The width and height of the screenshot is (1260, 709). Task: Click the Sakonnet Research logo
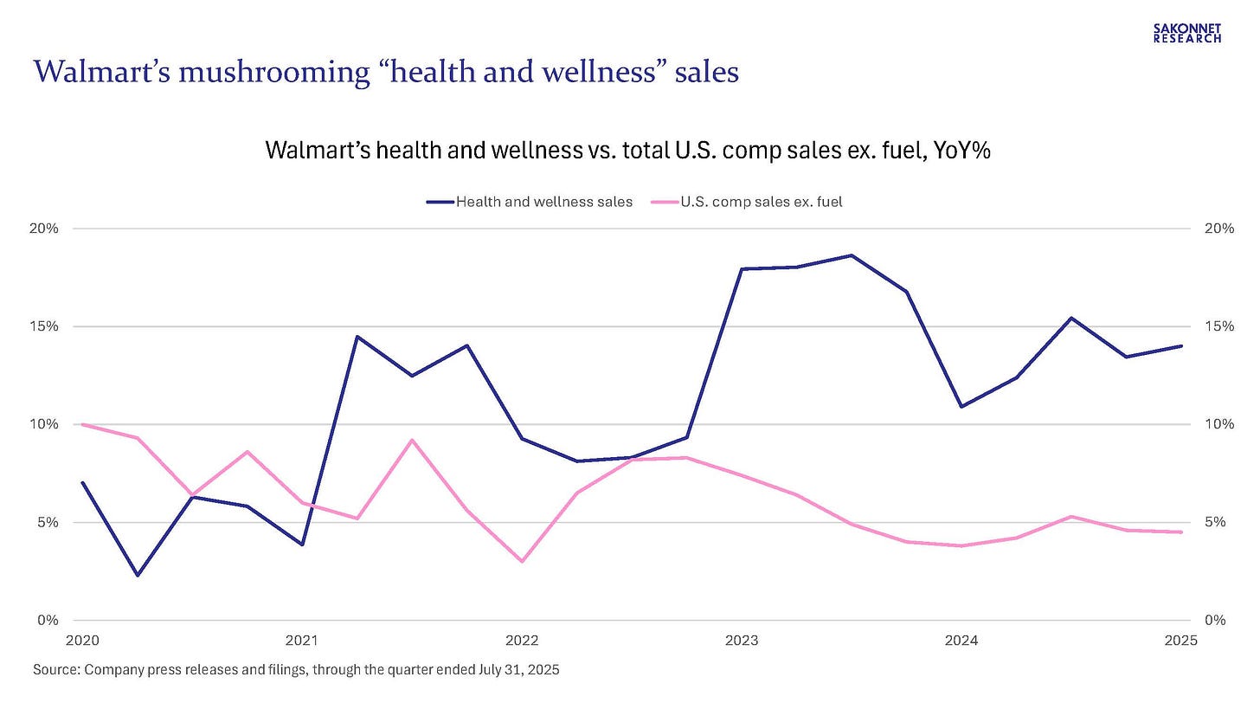(1187, 33)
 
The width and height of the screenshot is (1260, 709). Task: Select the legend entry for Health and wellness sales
(530, 202)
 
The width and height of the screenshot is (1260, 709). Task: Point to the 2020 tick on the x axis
(82, 641)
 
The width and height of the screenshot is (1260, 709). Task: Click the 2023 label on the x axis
(742, 641)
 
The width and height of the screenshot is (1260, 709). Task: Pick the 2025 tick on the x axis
(1180, 641)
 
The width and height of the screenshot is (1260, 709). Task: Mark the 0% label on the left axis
(48, 620)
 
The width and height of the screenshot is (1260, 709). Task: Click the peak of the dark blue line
(852, 255)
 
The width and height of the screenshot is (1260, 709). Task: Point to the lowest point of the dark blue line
(137, 576)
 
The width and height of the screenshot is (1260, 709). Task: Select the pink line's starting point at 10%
(82, 424)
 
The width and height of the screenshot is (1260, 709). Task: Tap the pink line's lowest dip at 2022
(522, 561)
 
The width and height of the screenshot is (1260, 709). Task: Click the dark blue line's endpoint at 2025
(1181, 346)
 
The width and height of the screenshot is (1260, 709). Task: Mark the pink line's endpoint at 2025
(1181, 532)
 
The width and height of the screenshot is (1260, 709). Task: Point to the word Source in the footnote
(55, 669)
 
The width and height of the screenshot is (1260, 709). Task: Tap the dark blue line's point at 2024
(961, 407)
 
